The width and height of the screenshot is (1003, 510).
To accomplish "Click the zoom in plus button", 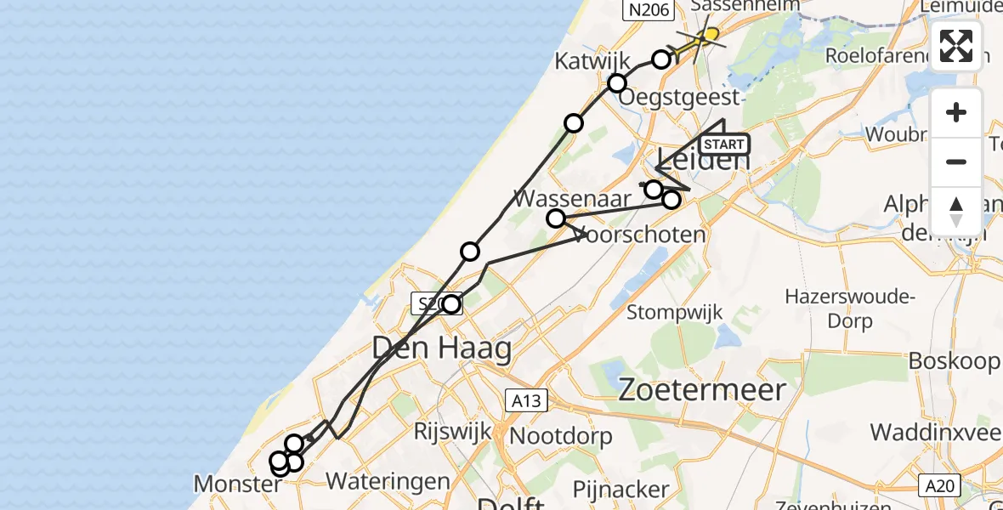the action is coord(956,112).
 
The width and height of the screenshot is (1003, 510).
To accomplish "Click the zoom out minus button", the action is coord(956,161).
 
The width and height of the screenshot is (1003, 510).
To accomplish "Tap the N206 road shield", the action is coord(649,10).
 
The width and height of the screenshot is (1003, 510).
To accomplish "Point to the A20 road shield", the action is coord(939,485).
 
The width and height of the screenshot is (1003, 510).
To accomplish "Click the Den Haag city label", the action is coord(442,348).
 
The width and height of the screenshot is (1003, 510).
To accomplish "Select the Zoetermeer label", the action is coord(700,390).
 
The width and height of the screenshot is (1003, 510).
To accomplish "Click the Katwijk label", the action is coord(592,61).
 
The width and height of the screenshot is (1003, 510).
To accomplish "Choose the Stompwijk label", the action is coord(674,312).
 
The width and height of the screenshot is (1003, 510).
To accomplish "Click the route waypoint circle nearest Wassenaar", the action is coord(556,218).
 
